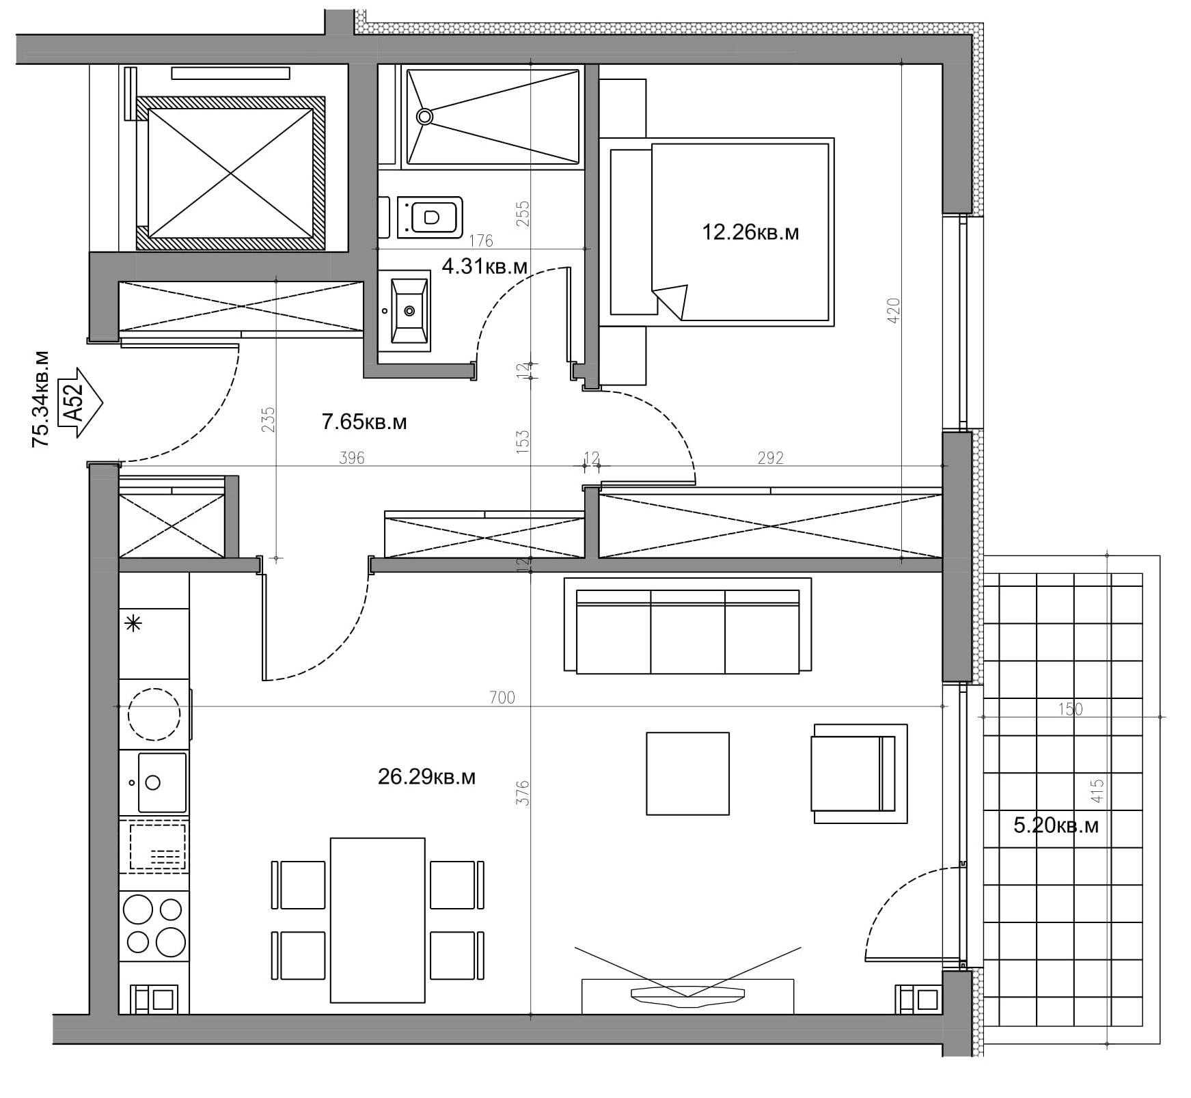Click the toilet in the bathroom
tap(429, 217)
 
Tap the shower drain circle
tap(425, 116)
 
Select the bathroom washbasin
tap(410, 310)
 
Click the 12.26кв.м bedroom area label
tap(750, 232)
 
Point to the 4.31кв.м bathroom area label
tap(484, 266)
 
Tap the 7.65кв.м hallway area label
tap(364, 422)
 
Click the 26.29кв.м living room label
tap(427, 777)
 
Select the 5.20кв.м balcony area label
tap(1056, 825)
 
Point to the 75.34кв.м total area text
tap(40, 399)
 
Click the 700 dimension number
tap(502, 698)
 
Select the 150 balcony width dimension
tap(1070, 709)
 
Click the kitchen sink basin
tap(162, 782)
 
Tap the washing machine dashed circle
tap(154, 714)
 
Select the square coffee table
tap(687, 773)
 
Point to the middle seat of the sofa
tap(687, 631)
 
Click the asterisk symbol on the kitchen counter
tap(134, 623)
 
